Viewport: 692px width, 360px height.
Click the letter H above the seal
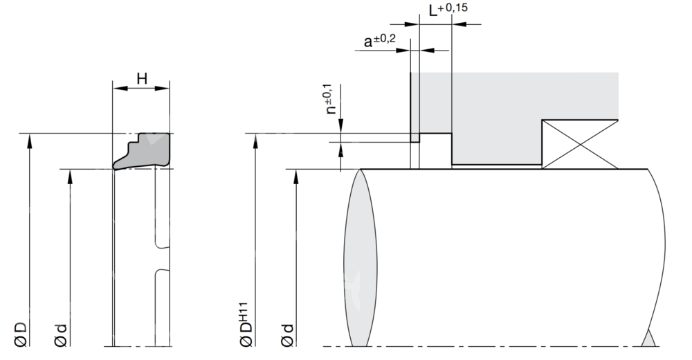click(x=141, y=80)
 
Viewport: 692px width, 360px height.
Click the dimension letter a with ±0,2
click(x=368, y=42)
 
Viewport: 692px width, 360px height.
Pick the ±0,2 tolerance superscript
click(x=385, y=38)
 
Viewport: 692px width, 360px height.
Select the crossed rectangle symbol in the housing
click(x=580, y=144)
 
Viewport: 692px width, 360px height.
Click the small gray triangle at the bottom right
click(x=648, y=339)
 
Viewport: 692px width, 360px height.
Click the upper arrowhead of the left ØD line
click(x=29, y=139)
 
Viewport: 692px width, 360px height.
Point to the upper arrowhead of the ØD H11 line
click(x=256, y=139)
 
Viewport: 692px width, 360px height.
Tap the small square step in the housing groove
click(x=415, y=138)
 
